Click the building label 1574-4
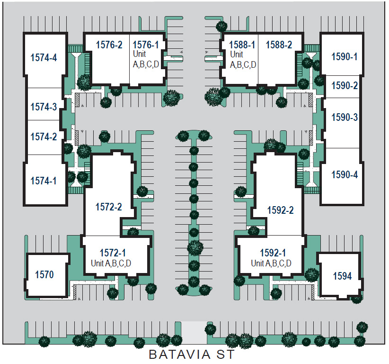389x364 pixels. (x=44, y=58)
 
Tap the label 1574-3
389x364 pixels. (x=44, y=107)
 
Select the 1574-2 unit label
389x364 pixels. (x=44, y=137)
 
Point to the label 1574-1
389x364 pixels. (x=44, y=181)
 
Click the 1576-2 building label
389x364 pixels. (x=109, y=45)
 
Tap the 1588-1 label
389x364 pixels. (x=242, y=45)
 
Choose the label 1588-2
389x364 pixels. (x=279, y=45)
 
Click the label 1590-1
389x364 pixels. (x=344, y=57)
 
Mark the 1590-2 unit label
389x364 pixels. (x=344, y=86)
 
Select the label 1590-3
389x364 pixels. (x=344, y=117)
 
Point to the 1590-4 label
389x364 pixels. (x=344, y=174)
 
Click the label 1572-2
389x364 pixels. (x=108, y=207)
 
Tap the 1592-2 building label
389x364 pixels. (x=280, y=210)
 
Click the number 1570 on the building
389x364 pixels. (x=44, y=274)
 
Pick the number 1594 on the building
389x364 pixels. (x=342, y=276)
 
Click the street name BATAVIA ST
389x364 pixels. (x=191, y=355)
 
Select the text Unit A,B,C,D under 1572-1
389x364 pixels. (x=111, y=264)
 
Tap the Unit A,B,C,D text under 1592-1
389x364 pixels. (x=271, y=264)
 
